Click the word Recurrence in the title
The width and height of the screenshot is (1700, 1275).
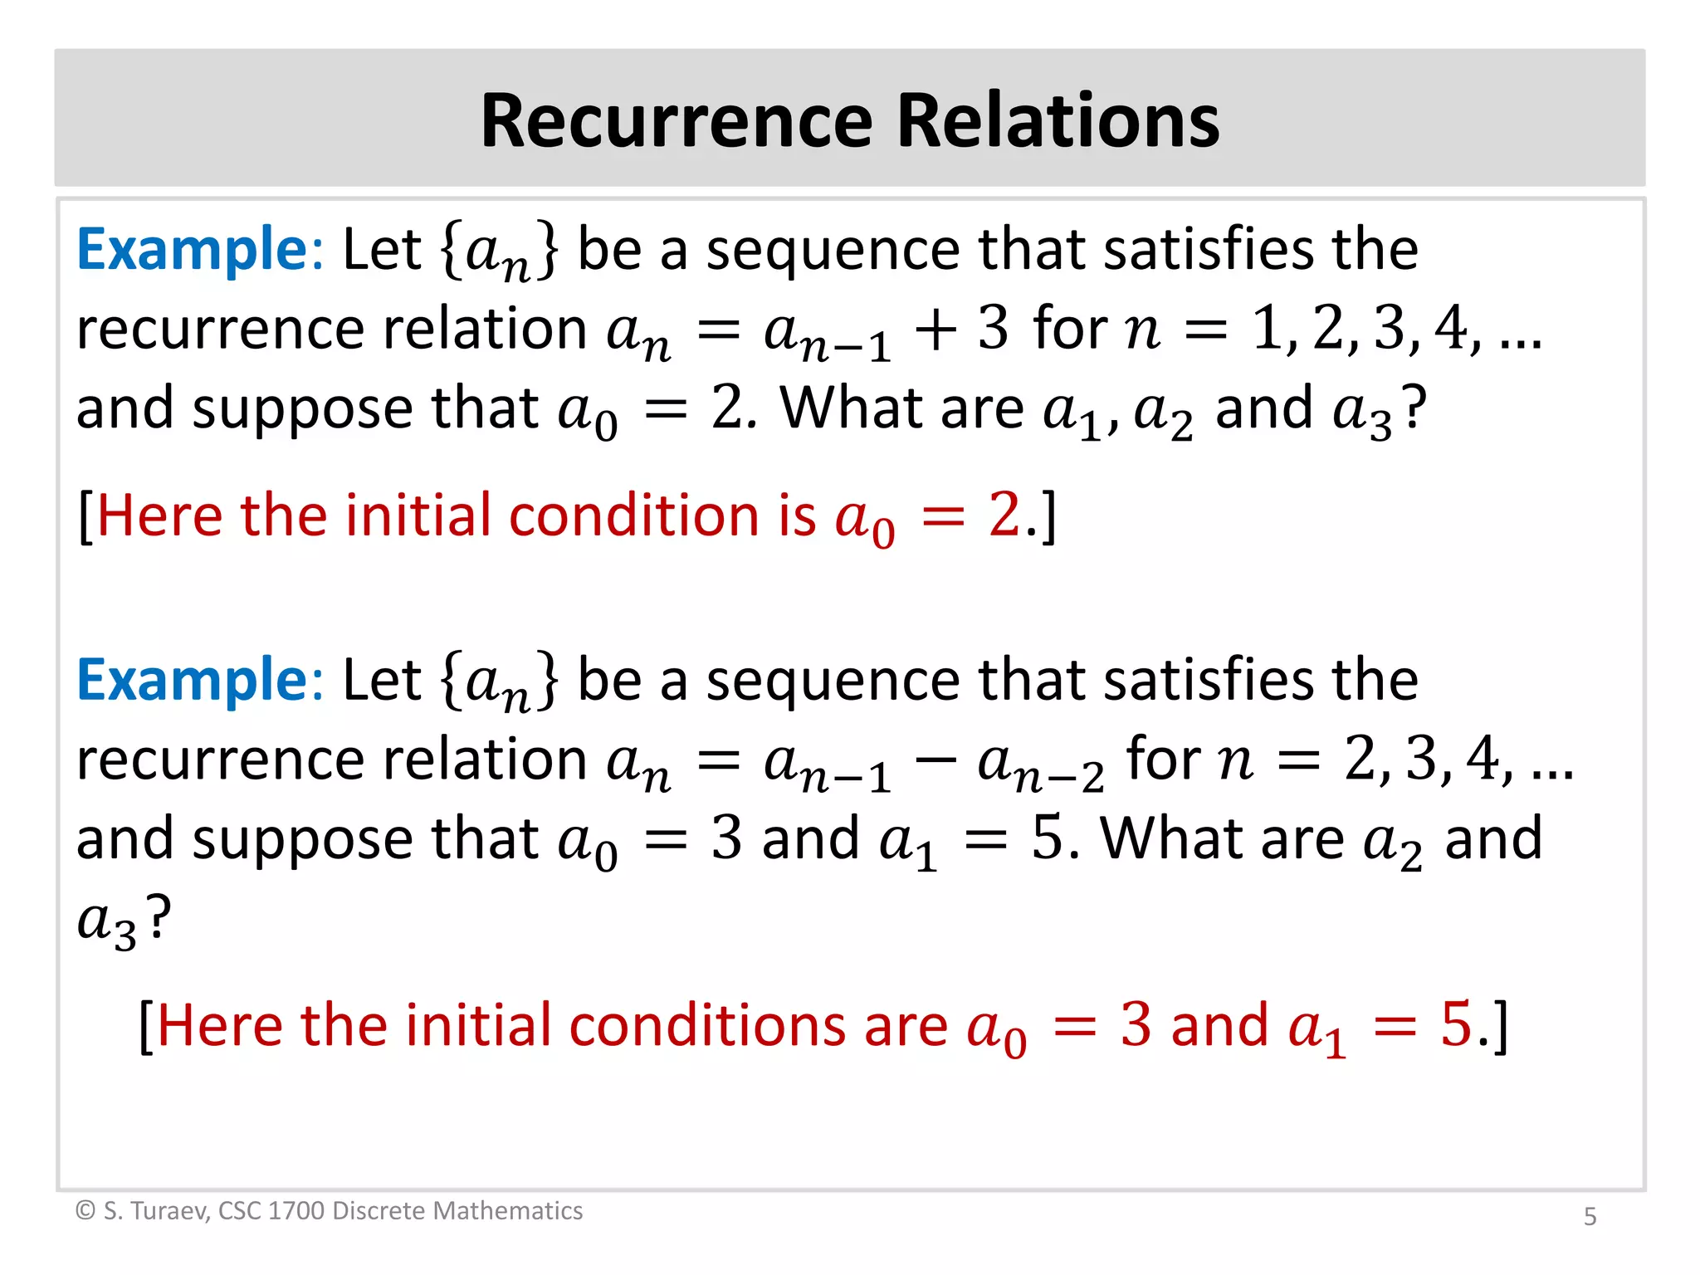pos(676,121)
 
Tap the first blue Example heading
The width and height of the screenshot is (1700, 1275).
pos(193,250)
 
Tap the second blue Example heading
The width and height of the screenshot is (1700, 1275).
pos(193,681)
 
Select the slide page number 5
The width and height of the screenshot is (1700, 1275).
pos(1590,1216)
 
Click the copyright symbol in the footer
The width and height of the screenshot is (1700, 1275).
pos(85,1211)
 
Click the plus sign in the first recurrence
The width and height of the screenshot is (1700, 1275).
pos(935,330)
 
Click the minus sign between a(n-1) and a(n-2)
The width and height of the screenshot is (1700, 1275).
pos(935,760)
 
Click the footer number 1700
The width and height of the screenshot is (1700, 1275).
pos(296,1211)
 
